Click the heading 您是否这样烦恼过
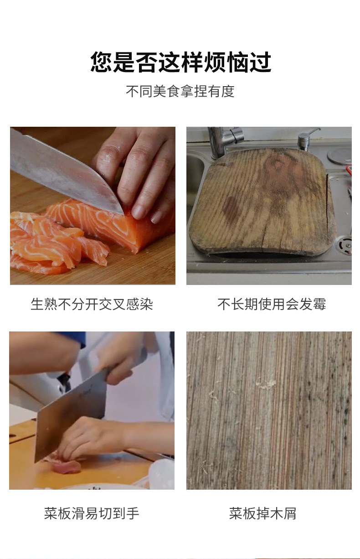[x=180, y=62]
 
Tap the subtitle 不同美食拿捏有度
[x=180, y=91]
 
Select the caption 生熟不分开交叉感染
[x=92, y=304]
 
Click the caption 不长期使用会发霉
[x=272, y=304]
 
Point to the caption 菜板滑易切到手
[x=92, y=513]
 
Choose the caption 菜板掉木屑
[x=262, y=513]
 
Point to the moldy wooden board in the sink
[x=262, y=201]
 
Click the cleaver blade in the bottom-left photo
[x=68, y=419]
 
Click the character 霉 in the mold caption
[x=319, y=304]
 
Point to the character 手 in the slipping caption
[x=133, y=513]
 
